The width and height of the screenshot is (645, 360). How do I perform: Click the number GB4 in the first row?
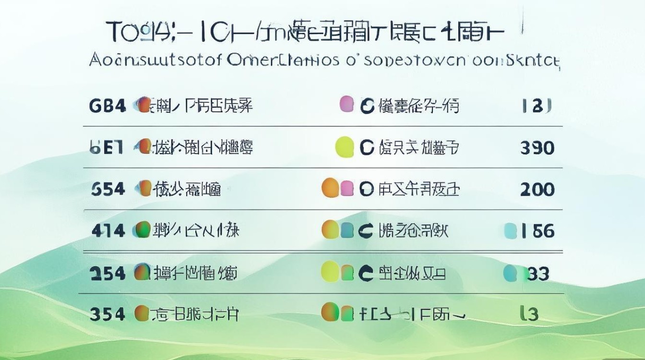coord(107,105)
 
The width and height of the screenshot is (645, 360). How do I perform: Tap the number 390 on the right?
coord(537,147)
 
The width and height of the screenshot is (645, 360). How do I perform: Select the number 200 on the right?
coord(537,190)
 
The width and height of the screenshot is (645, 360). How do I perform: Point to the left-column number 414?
coord(108,231)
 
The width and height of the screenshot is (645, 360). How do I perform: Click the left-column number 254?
coord(107,273)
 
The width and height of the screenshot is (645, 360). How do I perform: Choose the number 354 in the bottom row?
coord(107,314)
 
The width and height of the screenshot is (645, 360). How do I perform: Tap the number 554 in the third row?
coord(107,189)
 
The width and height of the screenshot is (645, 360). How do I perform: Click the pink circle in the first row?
coord(347,104)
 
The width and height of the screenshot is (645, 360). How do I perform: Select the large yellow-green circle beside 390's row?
coord(344,146)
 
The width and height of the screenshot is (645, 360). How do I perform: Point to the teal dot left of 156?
coord(511,231)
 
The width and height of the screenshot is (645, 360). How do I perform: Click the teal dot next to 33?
coord(510,273)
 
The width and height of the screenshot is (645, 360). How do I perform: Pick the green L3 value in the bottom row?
coord(529,314)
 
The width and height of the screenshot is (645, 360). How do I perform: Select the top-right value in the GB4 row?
coord(536,105)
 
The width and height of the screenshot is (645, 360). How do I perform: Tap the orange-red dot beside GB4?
coord(143,105)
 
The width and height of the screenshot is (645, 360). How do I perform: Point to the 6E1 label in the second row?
coord(107,147)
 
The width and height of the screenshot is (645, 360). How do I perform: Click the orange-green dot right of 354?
coord(142,313)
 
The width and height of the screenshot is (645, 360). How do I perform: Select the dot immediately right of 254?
coord(142,273)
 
